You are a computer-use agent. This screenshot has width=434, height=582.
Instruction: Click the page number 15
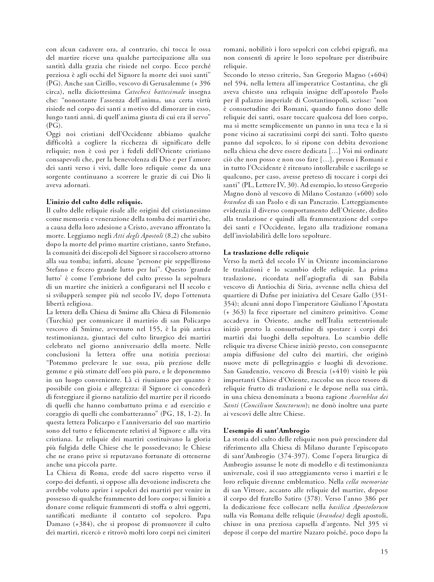point(384,551)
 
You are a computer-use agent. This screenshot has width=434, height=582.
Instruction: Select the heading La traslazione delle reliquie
point(266,252)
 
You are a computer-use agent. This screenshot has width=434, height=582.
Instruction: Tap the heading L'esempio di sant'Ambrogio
point(266,431)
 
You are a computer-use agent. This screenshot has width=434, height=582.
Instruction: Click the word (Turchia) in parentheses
point(58,321)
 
